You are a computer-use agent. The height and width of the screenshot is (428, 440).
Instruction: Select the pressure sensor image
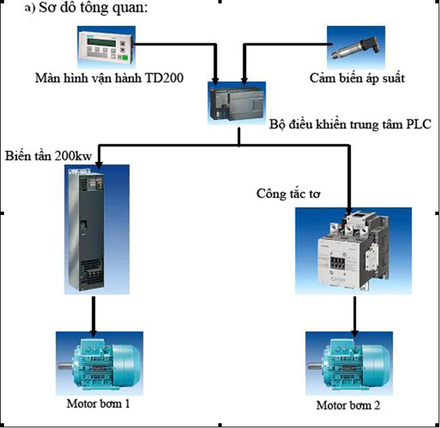(x=355, y=47)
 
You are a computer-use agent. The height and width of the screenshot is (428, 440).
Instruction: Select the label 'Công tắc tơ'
(x=288, y=193)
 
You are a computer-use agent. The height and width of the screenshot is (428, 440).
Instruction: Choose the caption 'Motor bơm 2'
(x=348, y=406)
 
